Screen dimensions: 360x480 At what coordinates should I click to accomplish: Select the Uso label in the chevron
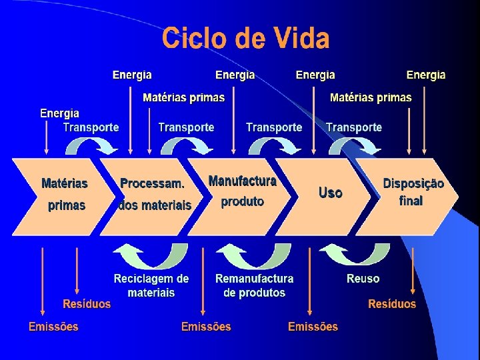(331, 193)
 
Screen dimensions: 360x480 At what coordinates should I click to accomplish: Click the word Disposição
(413, 183)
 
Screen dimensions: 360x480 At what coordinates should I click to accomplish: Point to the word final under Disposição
(411, 200)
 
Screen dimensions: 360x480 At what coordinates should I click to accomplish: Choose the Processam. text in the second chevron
(153, 183)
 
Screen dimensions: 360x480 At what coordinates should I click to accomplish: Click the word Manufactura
(243, 181)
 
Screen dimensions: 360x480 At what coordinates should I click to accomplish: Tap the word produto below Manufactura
(243, 201)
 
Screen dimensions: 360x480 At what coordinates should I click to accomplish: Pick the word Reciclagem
(143, 279)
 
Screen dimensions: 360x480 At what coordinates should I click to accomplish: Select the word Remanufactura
(255, 278)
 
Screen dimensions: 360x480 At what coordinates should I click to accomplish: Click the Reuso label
(363, 279)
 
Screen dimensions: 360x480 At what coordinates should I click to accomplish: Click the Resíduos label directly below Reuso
(392, 304)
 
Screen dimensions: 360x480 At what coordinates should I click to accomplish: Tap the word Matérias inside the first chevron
(65, 183)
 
